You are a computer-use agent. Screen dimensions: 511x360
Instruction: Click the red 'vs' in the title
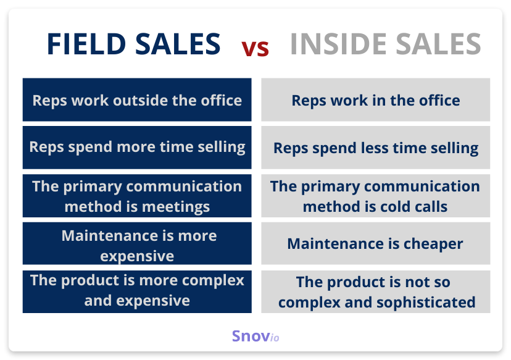[255, 49]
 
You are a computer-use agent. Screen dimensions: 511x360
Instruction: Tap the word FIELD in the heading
[86, 44]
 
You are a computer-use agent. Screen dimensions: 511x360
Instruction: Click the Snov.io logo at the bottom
[255, 336]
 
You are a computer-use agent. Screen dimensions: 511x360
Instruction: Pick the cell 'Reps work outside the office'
[137, 99]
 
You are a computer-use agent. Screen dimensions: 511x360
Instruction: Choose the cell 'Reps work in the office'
[375, 99]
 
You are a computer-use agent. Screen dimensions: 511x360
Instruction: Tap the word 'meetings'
[176, 207]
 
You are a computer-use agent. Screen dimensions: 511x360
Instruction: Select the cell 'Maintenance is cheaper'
[375, 243]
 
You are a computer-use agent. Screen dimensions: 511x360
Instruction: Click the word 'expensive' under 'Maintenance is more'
[137, 256]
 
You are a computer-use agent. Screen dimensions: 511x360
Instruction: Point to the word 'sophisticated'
[426, 303]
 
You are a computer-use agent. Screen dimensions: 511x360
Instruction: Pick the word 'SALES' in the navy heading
[178, 44]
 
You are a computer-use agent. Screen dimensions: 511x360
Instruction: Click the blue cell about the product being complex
[137, 291]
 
